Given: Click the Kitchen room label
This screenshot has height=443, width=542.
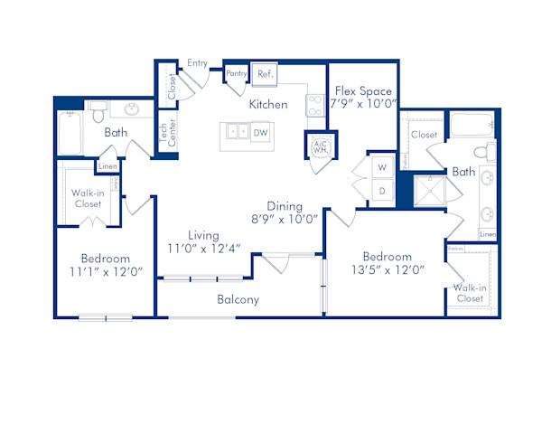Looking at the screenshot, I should tap(268, 105).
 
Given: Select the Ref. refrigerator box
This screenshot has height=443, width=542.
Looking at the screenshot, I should tap(266, 74).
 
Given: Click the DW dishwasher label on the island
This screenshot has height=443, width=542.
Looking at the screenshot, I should tap(260, 133).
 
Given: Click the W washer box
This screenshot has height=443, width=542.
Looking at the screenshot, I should tap(381, 168).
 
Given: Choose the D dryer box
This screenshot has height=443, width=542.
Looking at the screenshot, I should tap(381, 191).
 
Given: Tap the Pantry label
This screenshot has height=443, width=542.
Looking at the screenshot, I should tap(238, 73).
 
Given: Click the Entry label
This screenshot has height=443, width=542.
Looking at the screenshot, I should tap(197, 63).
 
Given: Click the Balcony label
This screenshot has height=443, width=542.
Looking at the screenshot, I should tap(238, 299).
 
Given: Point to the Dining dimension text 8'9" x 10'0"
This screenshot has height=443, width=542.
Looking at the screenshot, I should tap(286, 219).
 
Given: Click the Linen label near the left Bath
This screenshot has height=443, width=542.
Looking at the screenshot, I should tap(107, 166).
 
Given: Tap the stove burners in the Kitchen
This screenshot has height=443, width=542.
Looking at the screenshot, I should tap(314, 104).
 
